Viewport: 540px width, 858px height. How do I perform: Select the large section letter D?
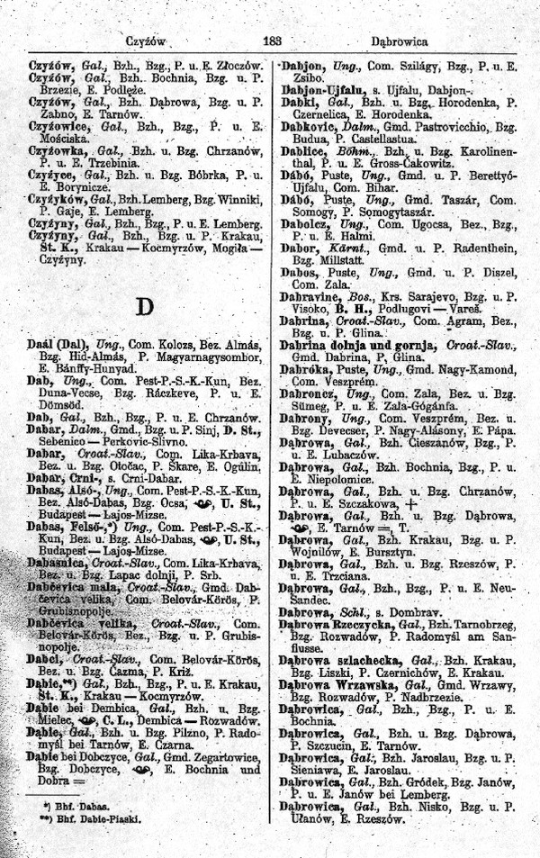(x=143, y=306)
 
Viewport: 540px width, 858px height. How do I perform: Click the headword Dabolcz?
(x=306, y=221)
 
